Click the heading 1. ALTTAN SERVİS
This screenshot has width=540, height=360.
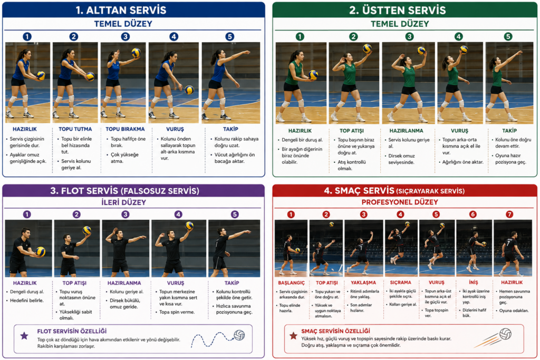[x=121, y=10]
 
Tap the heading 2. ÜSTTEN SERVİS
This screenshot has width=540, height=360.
[x=398, y=10]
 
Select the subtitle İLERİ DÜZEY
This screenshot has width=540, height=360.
[x=123, y=202]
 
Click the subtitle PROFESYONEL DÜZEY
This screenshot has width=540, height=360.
[x=400, y=202]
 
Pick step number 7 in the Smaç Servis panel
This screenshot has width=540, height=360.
[x=509, y=215]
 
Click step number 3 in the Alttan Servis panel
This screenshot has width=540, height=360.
[x=126, y=36]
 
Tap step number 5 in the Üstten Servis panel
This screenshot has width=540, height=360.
[x=508, y=36]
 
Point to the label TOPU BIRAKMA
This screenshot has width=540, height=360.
[x=125, y=129]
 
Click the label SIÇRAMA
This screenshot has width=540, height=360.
[x=401, y=283]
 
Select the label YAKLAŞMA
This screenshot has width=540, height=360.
[x=363, y=283]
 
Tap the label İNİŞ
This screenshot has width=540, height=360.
[x=474, y=283]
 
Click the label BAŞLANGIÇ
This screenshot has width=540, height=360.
[x=291, y=283]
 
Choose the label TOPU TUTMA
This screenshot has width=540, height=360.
[x=75, y=129]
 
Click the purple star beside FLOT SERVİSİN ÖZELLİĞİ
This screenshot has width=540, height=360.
[x=24, y=336]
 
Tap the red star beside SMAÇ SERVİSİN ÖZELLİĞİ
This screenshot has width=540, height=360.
[x=293, y=336]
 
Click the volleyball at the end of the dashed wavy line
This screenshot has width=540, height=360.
[x=239, y=335]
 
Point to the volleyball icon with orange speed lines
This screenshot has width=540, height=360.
[x=505, y=334]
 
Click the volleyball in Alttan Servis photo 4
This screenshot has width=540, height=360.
[x=189, y=90]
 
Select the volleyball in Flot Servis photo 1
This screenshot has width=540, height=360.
[x=41, y=251]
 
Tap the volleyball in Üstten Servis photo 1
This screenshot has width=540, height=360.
[x=313, y=75]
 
